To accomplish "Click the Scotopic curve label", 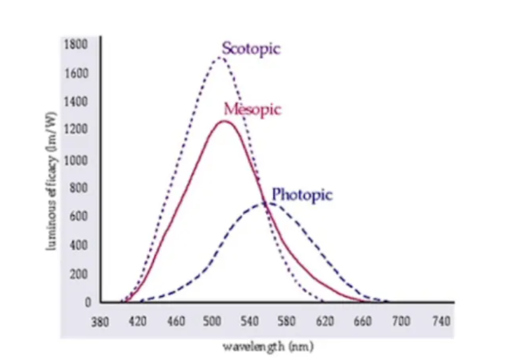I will tap(251, 49).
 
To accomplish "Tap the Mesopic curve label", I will tap(252, 109).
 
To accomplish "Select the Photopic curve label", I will tap(302, 195).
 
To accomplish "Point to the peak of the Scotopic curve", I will tap(220, 57).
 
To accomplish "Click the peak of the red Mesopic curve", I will tap(225, 121).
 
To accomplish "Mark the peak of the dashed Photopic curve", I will tap(266, 203).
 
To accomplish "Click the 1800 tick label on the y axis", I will tap(75, 44).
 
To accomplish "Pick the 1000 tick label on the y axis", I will tap(75, 160).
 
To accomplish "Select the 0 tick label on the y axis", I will tap(88, 302).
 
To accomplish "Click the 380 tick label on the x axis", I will tap(101, 321).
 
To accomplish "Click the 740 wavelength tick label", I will tap(441, 321).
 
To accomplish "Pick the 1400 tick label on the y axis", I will tap(75, 101).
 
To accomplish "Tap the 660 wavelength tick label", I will tap(363, 321).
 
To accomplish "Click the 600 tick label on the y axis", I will tap(78, 216).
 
